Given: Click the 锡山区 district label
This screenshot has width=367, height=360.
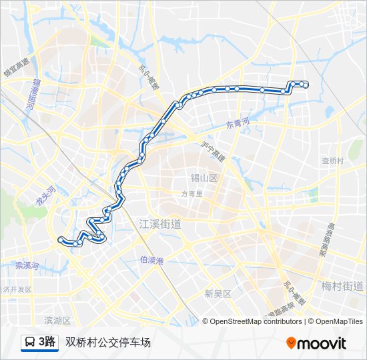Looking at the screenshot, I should pyautogui.click(x=204, y=179).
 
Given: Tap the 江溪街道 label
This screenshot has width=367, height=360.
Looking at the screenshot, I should pyautogui.click(x=160, y=224).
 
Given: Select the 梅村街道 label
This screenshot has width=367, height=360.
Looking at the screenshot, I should pyautogui.click(x=342, y=286).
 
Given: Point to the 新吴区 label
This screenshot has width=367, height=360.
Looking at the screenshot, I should pyautogui.click(x=218, y=293).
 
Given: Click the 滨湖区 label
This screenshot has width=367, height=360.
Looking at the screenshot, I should pyautogui.click(x=57, y=321).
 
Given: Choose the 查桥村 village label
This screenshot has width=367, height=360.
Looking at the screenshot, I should pyautogui.click(x=332, y=161).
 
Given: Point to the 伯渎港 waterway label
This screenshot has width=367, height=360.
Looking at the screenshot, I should pyautogui.click(x=152, y=260).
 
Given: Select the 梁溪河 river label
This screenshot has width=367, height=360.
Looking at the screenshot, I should pyautogui.click(x=27, y=265).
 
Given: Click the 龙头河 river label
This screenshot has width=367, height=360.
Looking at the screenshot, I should pyautogui.click(x=40, y=196).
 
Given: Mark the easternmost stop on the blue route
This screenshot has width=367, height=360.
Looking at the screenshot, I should pyautogui.click(x=306, y=84).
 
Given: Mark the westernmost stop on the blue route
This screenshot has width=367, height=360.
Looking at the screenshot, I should pyautogui.click(x=61, y=239).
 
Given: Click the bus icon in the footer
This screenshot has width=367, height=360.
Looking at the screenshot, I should pyautogui.click(x=30, y=343).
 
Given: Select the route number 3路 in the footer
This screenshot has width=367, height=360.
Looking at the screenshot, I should pyautogui.click(x=47, y=343).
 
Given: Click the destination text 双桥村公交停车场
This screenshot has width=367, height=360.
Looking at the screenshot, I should pyautogui.click(x=108, y=343).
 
